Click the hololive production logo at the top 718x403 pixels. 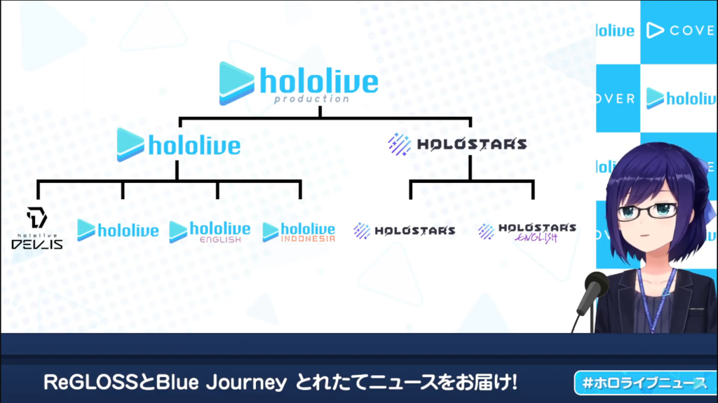pos(299,83)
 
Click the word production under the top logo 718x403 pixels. pos(312,99)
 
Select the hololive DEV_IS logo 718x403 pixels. pos(37,228)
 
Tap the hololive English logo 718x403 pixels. pos(210,232)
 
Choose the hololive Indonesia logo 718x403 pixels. pos(299,232)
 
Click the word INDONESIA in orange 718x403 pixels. pos(309,238)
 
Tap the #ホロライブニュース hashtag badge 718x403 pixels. pos(646,383)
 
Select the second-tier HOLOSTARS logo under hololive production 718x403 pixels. pos(457,144)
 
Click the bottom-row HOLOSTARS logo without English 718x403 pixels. pos(405,231)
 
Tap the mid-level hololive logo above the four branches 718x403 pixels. pos(179,144)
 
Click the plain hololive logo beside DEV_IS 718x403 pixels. pos(118,230)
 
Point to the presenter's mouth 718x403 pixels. pos(645,235)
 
